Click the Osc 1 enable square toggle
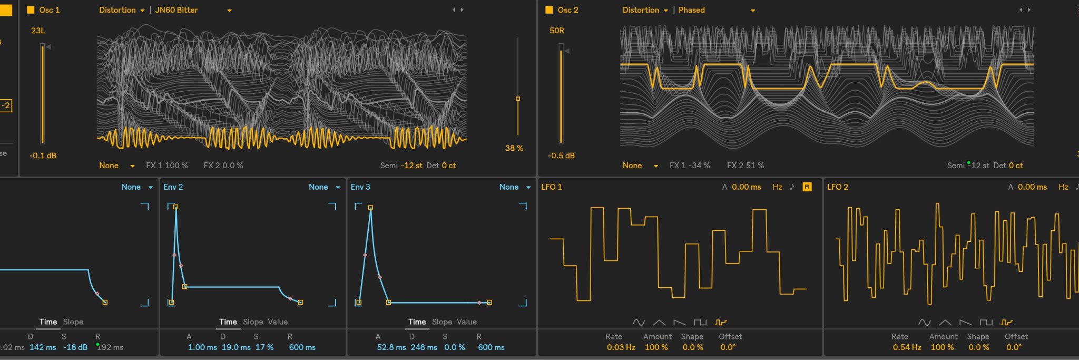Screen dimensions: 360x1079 31,10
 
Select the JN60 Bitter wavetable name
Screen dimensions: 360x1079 176,10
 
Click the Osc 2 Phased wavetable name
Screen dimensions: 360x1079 691,10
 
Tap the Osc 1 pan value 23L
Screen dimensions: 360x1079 38,31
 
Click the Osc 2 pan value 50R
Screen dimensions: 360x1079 557,31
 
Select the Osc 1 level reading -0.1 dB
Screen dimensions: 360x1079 43,155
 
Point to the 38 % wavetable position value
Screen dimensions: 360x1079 514,148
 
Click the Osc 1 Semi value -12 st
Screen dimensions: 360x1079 412,166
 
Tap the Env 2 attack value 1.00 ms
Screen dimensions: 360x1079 202,347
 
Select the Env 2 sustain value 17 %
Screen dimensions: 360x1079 264,347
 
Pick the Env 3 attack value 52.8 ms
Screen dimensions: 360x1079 391,347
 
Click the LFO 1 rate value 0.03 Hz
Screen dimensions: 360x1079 621,347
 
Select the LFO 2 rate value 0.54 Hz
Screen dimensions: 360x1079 907,347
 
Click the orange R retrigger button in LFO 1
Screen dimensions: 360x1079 807,187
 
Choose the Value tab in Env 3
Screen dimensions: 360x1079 466,322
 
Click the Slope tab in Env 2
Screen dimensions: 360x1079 253,322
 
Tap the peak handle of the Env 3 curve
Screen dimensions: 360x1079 370,208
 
